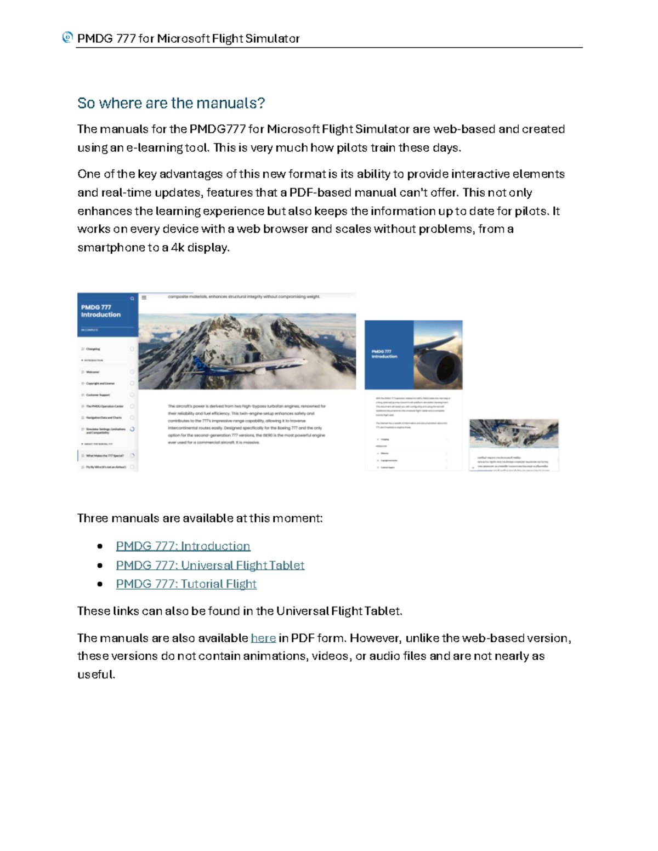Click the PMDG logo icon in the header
(67, 37)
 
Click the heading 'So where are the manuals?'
(171, 103)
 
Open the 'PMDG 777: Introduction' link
(183, 546)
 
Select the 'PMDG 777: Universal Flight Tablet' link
(210, 565)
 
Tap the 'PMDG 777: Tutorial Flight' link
(186, 584)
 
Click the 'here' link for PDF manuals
(263, 638)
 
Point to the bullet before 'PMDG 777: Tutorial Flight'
(100, 584)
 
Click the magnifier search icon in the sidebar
(132, 299)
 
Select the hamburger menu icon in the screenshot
(144, 298)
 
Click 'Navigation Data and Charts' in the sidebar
(104, 418)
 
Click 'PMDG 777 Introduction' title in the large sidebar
(101, 311)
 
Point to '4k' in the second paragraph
(178, 248)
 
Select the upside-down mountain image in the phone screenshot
(514, 433)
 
